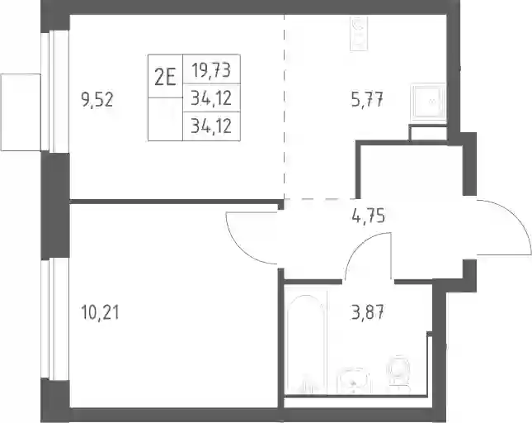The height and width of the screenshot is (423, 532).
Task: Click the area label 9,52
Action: point(97,100)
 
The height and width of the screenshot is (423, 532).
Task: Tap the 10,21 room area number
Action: point(101,312)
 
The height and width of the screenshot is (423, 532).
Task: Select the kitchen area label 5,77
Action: point(367,100)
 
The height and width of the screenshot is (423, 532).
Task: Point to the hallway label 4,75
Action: point(369,216)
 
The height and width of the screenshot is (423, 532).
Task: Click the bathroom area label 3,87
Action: point(367,312)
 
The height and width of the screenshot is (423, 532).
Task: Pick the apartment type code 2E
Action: point(165,78)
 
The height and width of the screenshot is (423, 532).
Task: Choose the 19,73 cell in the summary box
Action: point(211,70)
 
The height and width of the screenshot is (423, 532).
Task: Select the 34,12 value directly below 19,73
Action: point(211,98)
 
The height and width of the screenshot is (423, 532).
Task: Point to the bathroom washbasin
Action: point(353,381)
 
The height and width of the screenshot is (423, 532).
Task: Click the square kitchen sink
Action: point(429,102)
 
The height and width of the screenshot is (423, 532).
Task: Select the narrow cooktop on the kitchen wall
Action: point(360,34)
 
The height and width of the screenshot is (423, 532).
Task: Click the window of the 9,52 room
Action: point(55,92)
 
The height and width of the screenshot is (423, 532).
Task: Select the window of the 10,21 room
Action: point(55,320)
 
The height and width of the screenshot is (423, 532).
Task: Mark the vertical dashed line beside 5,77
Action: point(285,106)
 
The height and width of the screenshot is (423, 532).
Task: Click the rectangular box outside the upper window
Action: point(21,112)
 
